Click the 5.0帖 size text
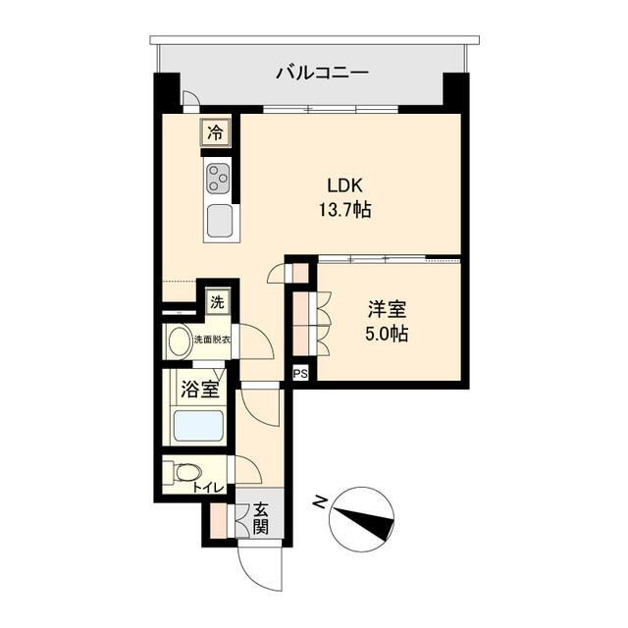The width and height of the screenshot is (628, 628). [x=386, y=334]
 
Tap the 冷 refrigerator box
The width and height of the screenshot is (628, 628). [x=214, y=131]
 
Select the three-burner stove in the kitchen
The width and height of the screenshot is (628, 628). [x=218, y=180]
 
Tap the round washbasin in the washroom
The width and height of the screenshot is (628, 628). [x=180, y=341]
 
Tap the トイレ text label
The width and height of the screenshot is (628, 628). [x=208, y=488]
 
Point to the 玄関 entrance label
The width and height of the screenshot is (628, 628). [x=260, y=517]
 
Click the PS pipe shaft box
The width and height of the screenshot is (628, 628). [x=300, y=373]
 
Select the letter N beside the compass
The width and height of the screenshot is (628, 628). [x=320, y=501]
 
